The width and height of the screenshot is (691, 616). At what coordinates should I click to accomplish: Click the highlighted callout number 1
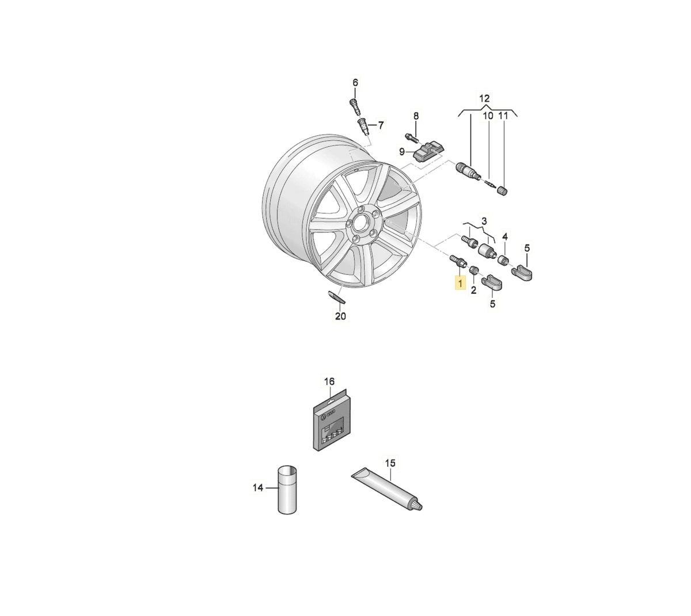pyautogui.click(x=460, y=283)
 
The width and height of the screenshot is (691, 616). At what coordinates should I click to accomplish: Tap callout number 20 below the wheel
pyautogui.click(x=340, y=316)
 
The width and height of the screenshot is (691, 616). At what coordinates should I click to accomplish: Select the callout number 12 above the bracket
pyautogui.click(x=484, y=98)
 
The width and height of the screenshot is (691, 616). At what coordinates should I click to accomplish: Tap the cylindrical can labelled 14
pyautogui.click(x=287, y=489)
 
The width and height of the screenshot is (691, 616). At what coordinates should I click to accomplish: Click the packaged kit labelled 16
pyautogui.click(x=332, y=420)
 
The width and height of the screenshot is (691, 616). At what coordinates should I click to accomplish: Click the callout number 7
pyautogui.click(x=381, y=125)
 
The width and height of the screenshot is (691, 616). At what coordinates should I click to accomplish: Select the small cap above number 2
pyautogui.click(x=473, y=270)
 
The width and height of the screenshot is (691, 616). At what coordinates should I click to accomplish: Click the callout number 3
pyautogui.click(x=484, y=221)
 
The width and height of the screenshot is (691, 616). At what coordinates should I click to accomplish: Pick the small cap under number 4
pyautogui.click(x=504, y=261)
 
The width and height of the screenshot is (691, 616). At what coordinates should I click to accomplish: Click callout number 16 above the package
pyautogui.click(x=329, y=381)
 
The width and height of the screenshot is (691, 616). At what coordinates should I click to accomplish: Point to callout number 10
pyautogui.click(x=488, y=116)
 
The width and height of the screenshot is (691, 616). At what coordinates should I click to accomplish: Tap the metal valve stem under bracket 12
pyautogui.click(x=469, y=170)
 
